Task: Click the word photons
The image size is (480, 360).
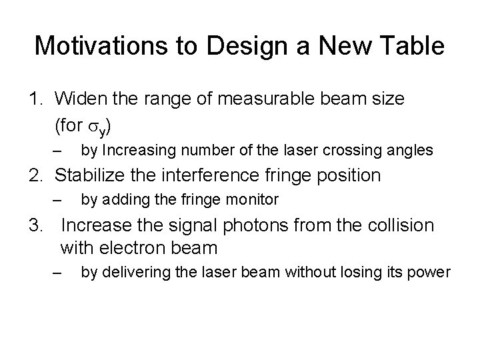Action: tap(231, 225)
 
